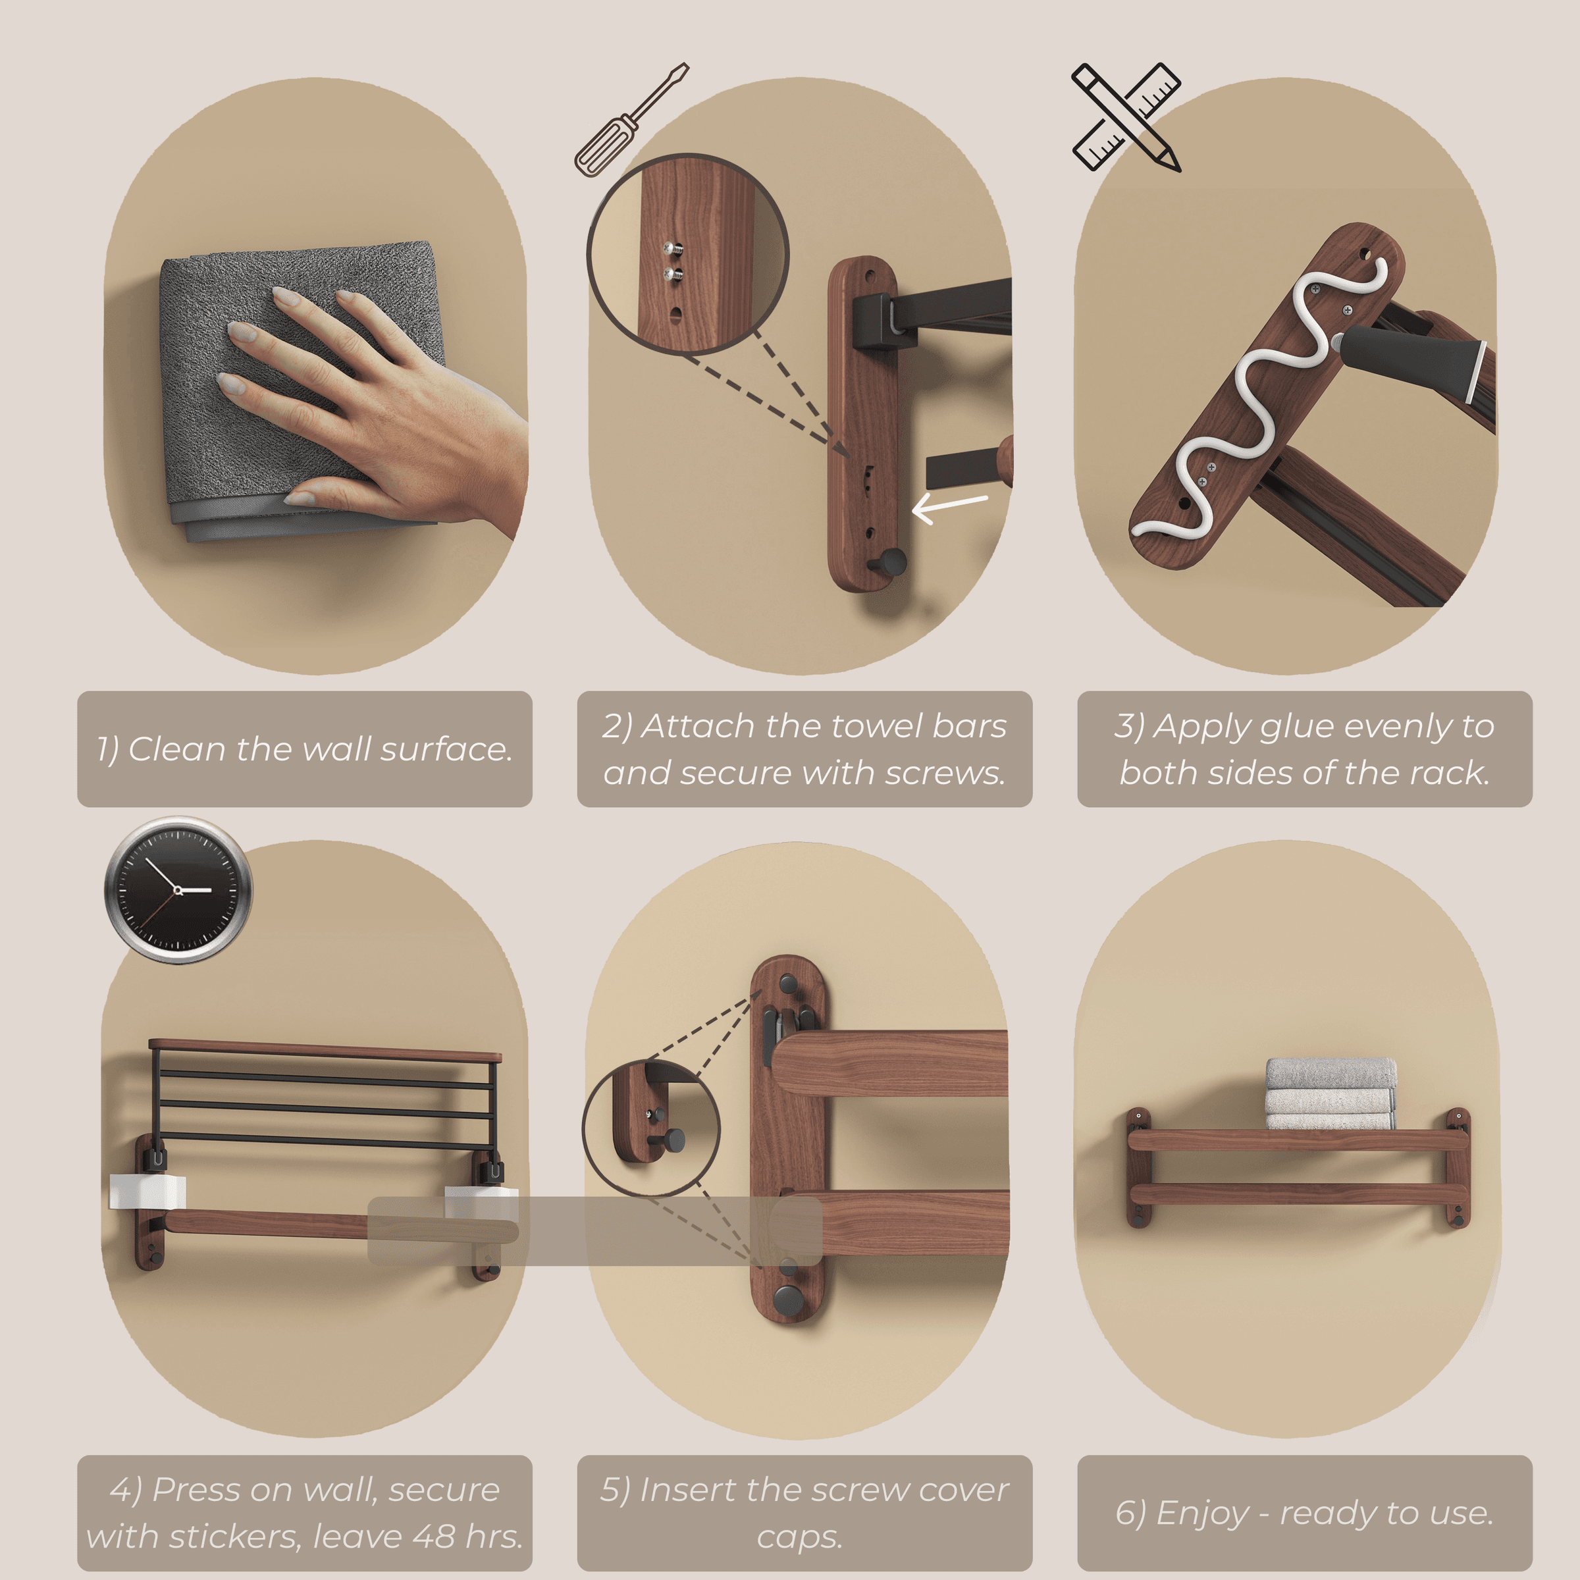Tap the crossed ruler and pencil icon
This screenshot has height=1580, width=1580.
1127,117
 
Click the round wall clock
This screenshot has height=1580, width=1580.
178,889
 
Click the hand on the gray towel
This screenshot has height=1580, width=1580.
384,401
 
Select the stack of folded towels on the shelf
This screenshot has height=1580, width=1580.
1330,1094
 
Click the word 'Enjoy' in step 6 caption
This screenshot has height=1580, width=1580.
1203,1514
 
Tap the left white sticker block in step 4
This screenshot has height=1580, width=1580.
147,1192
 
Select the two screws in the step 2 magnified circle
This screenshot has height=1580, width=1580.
673,262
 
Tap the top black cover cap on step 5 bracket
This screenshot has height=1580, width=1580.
789,983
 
